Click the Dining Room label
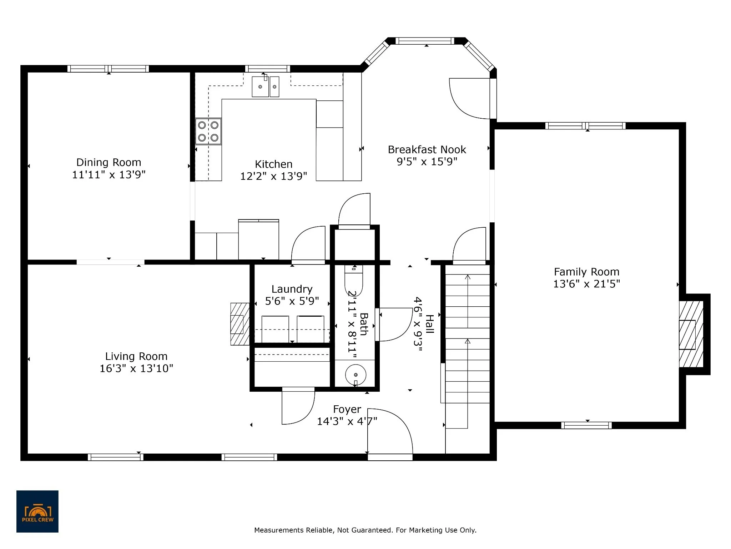click(109, 162)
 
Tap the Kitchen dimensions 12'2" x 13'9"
click(273, 176)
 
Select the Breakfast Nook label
click(427, 149)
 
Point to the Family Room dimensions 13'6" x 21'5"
click(586, 284)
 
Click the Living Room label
click(136, 356)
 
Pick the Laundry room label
click(292, 289)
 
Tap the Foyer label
click(347, 409)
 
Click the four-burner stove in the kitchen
click(208, 132)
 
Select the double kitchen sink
click(266, 86)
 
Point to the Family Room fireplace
click(691, 335)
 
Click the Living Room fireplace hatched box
click(240, 324)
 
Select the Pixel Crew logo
click(37, 511)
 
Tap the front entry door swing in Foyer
click(390, 431)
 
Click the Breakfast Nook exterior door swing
click(469, 98)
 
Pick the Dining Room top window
click(108, 69)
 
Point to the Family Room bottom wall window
click(586, 425)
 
